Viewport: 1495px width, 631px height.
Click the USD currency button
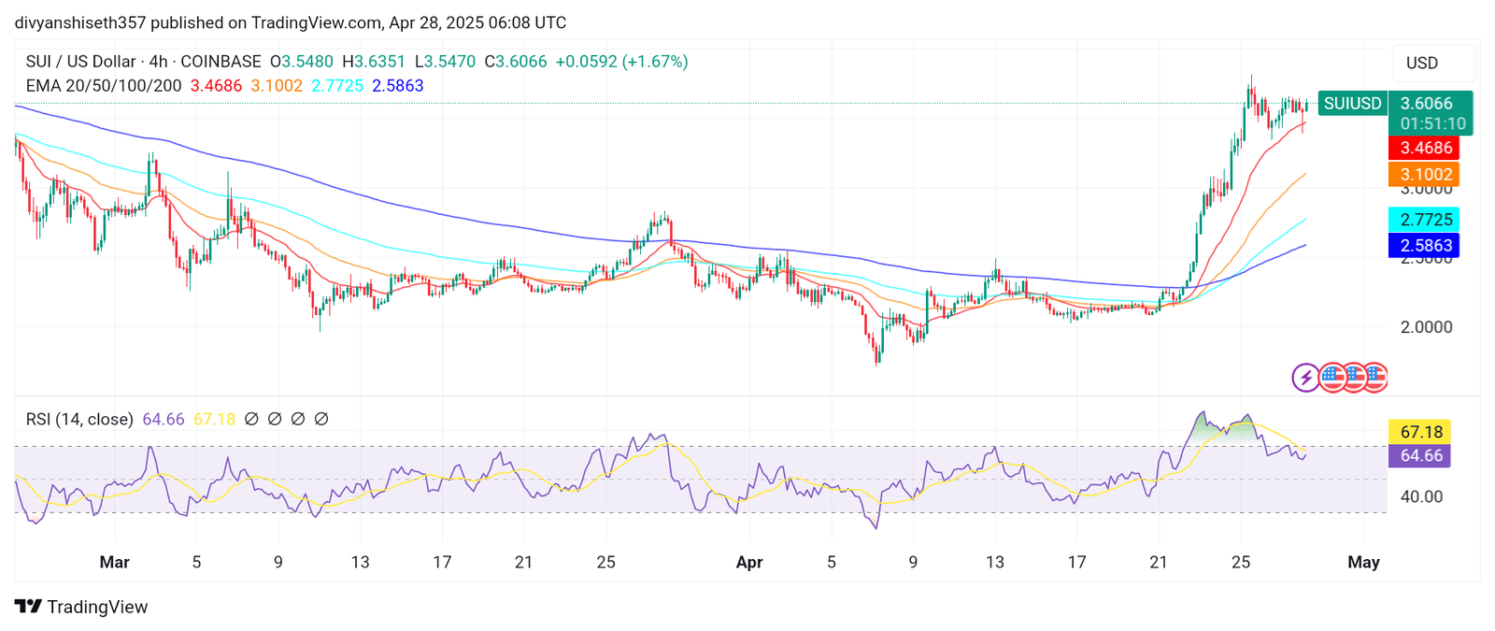pyautogui.click(x=1422, y=64)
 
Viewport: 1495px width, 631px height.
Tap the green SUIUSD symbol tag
pyautogui.click(x=1352, y=104)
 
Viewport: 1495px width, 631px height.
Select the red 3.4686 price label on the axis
pyautogui.click(x=1425, y=148)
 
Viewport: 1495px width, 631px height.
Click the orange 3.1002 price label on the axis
pyautogui.click(x=1425, y=175)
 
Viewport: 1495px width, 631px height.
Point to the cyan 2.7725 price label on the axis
pyautogui.click(x=1425, y=220)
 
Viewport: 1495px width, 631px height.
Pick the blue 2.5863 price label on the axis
pyautogui.click(x=1425, y=246)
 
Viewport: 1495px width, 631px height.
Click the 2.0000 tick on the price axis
pyautogui.click(x=1426, y=327)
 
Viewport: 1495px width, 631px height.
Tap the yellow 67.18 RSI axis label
pyautogui.click(x=1421, y=432)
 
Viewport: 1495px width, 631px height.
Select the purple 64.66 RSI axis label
pyautogui.click(x=1421, y=456)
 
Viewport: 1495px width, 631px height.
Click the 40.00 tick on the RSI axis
pyautogui.click(x=1421, y=496)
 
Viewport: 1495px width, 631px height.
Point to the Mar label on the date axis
pyautogui.click(x=114, y=563)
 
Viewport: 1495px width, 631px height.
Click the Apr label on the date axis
pyautogui.click(x=749, y=563)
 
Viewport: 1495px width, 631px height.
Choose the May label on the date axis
pyautogui.click(x=1363, y=563)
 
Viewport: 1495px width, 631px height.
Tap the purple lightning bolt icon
pyautogui.click(x=1305, y=378)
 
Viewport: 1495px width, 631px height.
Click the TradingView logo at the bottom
pyautogui.click(x=81, y=607)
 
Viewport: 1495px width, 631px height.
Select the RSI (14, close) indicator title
pyautogui.click(x=79, y=420)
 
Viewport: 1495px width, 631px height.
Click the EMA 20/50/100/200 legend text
pyautogui.click(x=104, y=86)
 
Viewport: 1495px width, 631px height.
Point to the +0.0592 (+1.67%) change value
pyautogui.click(x=621, y=62)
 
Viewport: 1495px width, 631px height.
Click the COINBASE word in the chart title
pyautogui.click(x=221, y=62)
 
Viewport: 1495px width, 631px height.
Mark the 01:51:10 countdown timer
pyautogui.click(x=1432, y=123)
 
